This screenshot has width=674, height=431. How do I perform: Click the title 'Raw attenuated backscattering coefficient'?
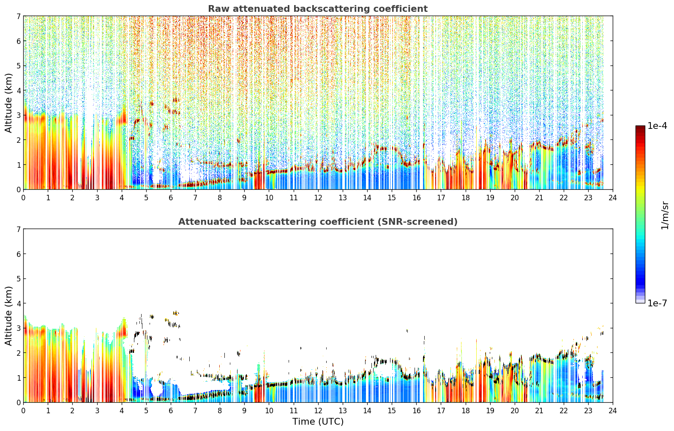(318, 9)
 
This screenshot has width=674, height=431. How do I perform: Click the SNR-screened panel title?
(318, 222)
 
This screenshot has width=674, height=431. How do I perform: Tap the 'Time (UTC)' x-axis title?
(318, 422)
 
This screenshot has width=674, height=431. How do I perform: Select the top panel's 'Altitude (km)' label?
(8, 103)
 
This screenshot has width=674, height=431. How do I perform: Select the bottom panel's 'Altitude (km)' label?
(8, 316)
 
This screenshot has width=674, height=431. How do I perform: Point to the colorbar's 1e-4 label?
(657, 126)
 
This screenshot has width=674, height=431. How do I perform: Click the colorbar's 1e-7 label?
(657, 303)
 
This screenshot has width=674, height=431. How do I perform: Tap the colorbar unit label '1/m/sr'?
(665, 215)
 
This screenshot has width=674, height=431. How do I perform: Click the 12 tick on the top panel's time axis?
(318, 198)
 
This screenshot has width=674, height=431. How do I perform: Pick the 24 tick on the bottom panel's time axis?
(613, 411)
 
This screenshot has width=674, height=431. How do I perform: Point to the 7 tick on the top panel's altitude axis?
(18, 16)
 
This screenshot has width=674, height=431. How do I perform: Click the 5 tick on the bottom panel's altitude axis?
(18, 279)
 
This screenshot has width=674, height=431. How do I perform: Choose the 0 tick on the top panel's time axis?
(24, 198)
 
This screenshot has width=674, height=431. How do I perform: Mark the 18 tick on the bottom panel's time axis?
(466, 411)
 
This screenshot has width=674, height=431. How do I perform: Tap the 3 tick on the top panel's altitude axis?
(18, 115)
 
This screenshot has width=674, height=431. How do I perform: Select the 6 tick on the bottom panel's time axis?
(171, 411)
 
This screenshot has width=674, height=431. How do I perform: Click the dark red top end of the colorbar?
(640, 127)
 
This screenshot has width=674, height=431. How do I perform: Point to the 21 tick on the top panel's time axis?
(539, 198)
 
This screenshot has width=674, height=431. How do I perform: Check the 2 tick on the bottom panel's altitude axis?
(18, 353)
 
